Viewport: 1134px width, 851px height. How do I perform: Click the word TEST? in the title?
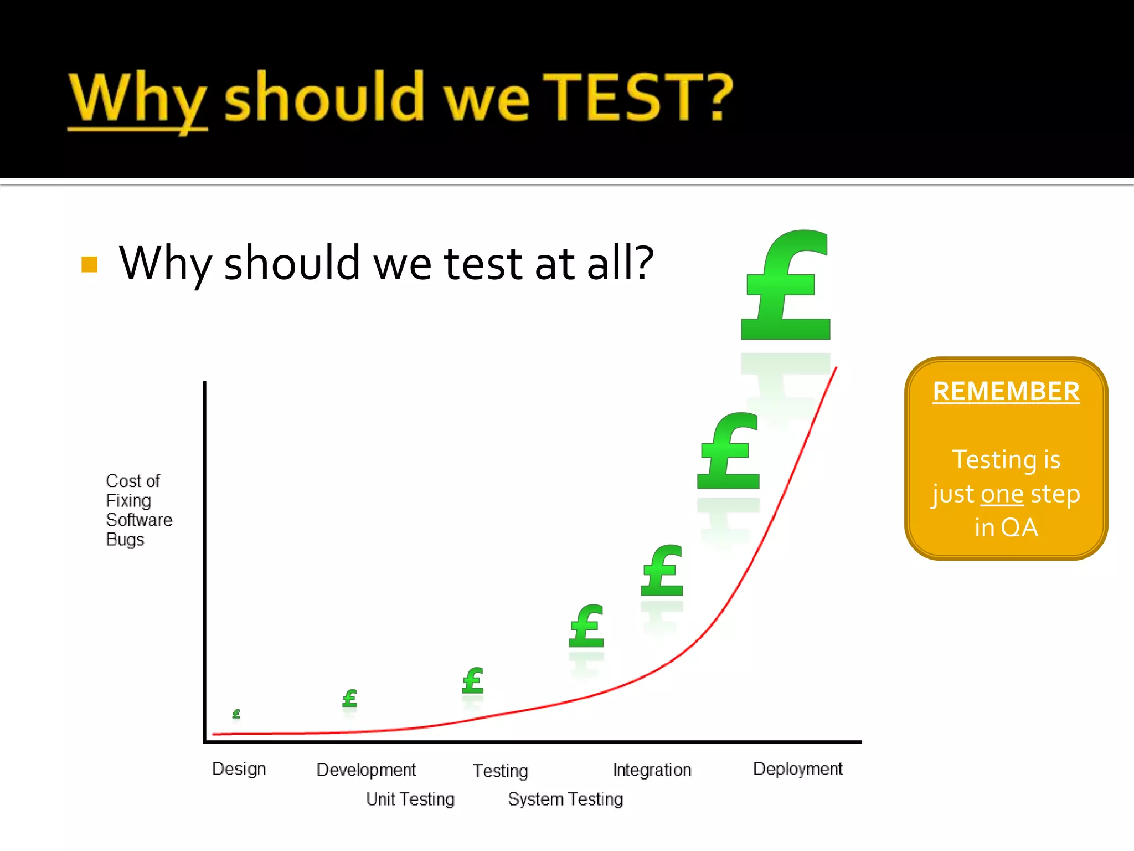(637, 98)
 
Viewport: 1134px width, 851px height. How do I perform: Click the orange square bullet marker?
(89, 264)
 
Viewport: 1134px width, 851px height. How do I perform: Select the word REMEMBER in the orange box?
(1006, 392)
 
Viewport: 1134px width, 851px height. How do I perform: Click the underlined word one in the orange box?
(1002, 494)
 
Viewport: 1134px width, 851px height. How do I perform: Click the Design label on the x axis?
(239, 769)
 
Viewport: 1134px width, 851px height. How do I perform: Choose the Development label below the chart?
(366, 770)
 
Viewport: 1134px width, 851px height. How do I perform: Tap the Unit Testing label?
(410, 799)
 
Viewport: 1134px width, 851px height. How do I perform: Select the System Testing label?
(565, 799)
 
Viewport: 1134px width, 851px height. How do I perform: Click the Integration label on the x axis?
(652, 770)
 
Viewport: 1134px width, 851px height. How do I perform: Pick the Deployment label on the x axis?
(797, 769)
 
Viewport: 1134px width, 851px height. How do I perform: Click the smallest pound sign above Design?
(236, 714)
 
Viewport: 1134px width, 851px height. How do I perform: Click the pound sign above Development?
(349, 698)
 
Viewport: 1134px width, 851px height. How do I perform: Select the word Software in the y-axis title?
(139, 520)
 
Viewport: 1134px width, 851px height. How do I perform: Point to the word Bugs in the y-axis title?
(125, 540)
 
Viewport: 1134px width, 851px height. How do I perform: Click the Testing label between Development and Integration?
(500, 771)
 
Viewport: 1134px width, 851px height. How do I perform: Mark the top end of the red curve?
(836, 367)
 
